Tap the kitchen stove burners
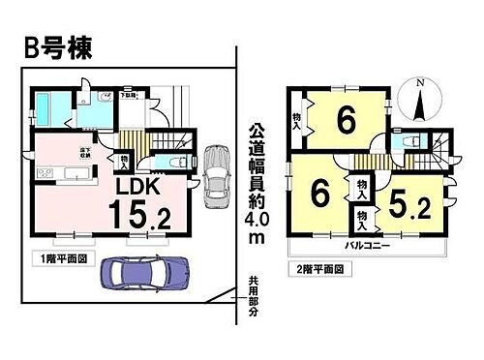click(x=44, y=174)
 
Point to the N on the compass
click(x=419, y=84)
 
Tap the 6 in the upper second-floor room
click(x=343, y=123)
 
